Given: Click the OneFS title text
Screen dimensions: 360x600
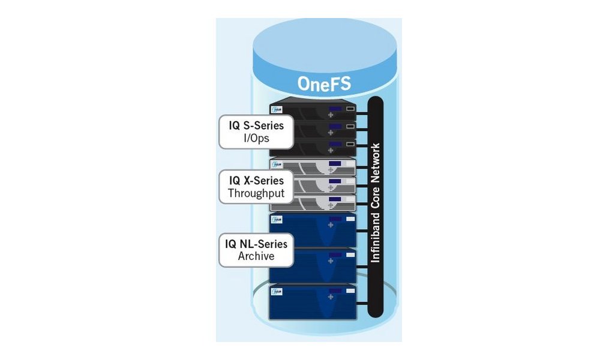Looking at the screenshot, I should (324, 84).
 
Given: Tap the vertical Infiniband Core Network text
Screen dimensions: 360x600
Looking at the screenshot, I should (376, 204).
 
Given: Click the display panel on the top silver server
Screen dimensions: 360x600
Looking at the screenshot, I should (335, 163).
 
